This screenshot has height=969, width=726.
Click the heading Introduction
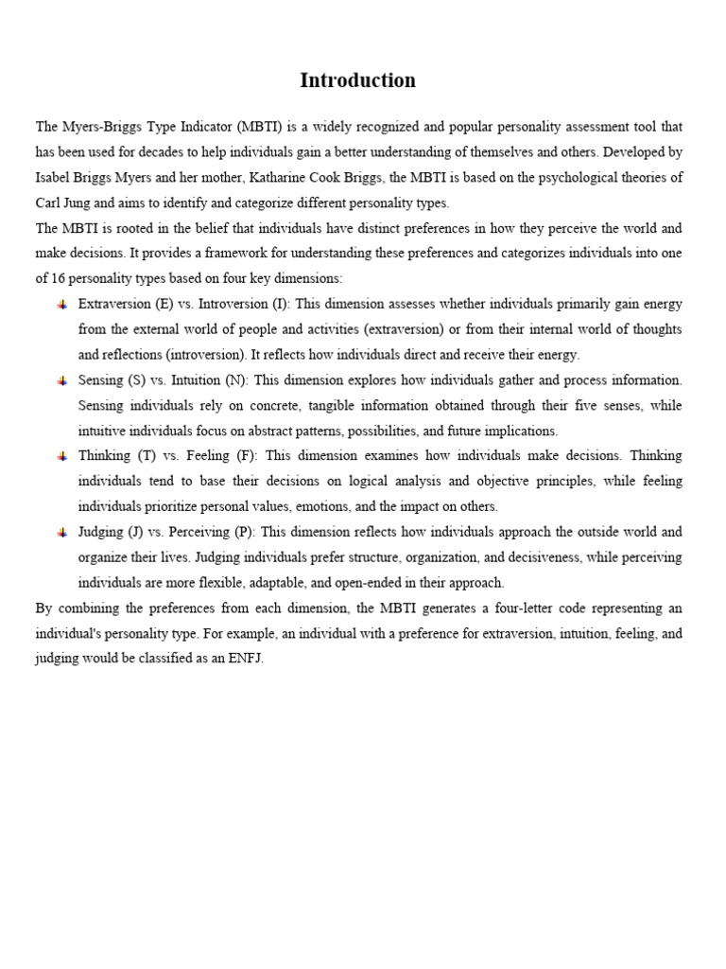click(x=357, y=81)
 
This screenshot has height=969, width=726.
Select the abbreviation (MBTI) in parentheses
click(x=265, y=127)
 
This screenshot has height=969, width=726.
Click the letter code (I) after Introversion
click(x=280, y=305)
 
